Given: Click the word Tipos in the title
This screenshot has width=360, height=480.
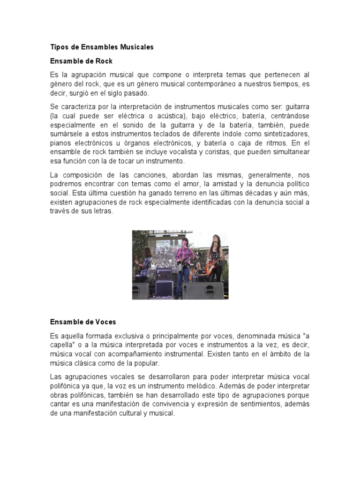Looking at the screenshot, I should (x=59, y=47).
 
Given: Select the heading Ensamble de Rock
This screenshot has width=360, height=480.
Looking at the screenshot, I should (x=81, y=61).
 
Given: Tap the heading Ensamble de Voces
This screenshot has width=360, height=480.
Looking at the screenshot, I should (x=82, y=322).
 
